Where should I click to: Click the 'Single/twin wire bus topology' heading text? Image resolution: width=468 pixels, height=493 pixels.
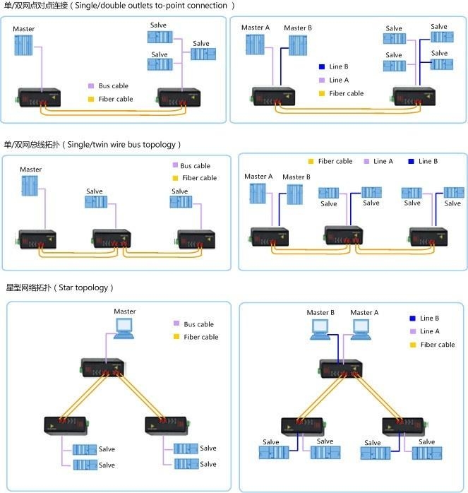[121, 144]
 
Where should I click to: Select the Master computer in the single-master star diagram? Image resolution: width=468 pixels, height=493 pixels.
[124, 327]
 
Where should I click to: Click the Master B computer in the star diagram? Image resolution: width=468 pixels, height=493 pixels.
[320, 328]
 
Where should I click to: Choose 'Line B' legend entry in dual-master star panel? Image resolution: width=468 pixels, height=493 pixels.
[429, 319]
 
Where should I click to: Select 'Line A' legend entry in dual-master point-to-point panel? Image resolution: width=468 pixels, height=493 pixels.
[339, 81]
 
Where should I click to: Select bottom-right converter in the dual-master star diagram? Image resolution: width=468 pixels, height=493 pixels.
[402, 427]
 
